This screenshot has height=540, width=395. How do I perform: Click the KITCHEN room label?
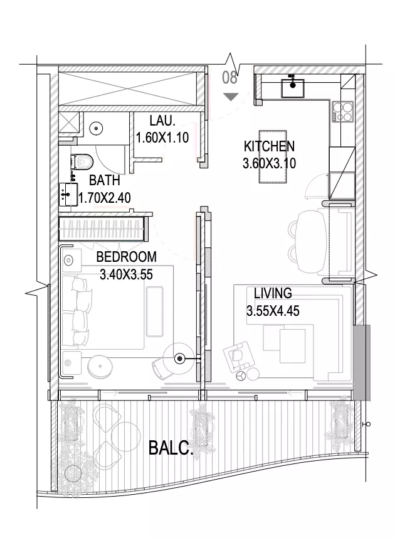[269, 146]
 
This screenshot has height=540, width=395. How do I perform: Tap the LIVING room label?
[273, 293]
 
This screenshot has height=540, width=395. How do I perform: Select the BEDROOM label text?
[126, 257]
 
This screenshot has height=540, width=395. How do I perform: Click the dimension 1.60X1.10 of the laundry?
[162, 138]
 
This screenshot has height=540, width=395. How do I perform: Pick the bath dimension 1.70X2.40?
[105, 198]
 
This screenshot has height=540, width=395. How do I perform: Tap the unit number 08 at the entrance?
[229, 78]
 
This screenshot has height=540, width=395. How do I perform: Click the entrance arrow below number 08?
[231, 97]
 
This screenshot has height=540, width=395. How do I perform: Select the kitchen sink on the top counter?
[293, 87]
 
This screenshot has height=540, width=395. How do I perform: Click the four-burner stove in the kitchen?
[343, 112]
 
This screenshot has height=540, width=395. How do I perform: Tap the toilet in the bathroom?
[82, 161]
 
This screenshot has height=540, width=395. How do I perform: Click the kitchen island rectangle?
[272, 157]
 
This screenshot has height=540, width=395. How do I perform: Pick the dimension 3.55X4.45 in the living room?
[273, 311]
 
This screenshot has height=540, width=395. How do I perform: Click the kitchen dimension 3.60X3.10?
[269, 163]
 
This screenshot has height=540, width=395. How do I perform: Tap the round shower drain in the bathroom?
[96, 129]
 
